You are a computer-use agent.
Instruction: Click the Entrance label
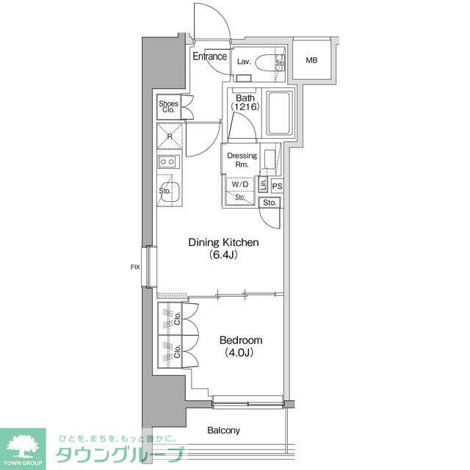pyautogui.click(x=209, y=57)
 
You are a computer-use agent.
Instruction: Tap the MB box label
pyautogui.click(x=313, y=60)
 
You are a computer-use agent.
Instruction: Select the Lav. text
pyautogui.click(x=245, y=62)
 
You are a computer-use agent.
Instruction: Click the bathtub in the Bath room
pyautogui.click(x=279, y=113)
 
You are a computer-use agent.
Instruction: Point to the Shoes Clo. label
pyautogui.click(x=168, y=107)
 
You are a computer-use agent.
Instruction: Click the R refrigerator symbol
pyautogui.click(x=170, y=137)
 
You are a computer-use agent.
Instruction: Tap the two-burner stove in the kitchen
pyautogui.click(x=169, y=162)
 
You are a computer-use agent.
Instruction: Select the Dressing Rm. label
pyautogui.click(x=242, y=160)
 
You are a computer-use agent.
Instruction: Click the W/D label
pyautogui.click(x=240, y=185)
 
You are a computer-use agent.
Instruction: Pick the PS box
pyautogui.click(x=277, y=187)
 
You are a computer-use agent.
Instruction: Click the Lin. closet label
pyautogui.click(x=264, y=184)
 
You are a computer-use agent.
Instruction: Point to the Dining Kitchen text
pyautogui.click(x=223, y=242)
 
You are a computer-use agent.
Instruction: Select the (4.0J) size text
pyautogui.click(x=239, y=353)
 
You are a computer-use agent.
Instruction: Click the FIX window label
pyautogui.click(x=134, y=267)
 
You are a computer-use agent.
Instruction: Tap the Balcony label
pyautogui.click(x=223, y=431)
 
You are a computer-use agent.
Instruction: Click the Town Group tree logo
pyautogui.click(x=23, y=443)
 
